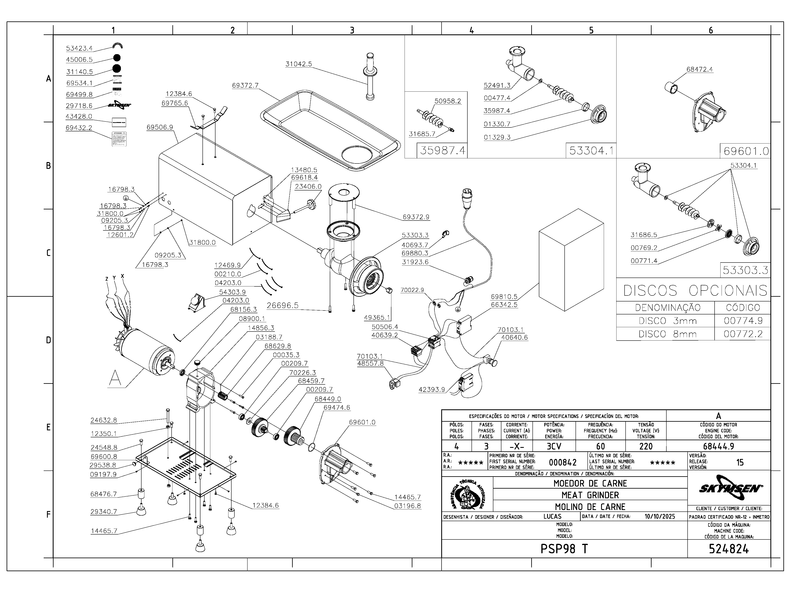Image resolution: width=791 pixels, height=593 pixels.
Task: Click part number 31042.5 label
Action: click(x=299, y=64)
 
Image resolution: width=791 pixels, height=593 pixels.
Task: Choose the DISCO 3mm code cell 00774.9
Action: click(x=742, y=321)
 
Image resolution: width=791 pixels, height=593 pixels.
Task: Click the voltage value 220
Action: click(x=646, y=446)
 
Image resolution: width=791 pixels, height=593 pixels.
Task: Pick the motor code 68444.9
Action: click(x=718, y=446)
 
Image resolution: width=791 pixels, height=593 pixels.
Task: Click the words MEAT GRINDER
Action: click(x=590, y=495)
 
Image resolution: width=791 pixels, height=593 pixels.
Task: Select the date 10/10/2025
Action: click(x=660, y=516)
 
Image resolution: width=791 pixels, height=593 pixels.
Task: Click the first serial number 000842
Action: click(x=563, y=462)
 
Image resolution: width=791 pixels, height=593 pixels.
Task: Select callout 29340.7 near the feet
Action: click(x=104, y=511)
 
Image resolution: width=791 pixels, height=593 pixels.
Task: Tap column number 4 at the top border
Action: click(x=472, y=30)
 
